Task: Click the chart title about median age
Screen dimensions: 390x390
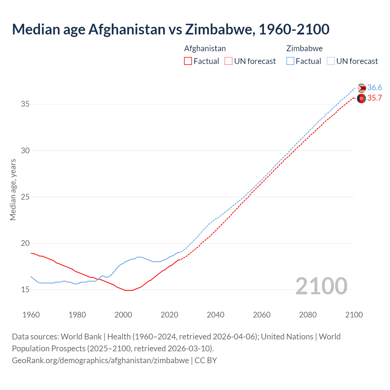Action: tap(171, 29)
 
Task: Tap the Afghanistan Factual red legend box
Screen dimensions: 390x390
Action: tap(188, 61)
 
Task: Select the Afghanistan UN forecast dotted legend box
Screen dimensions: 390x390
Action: tap(229, 61)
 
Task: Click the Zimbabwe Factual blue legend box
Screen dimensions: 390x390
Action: tap(290, 61)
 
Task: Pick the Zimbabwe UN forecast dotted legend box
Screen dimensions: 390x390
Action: tap(331, 61)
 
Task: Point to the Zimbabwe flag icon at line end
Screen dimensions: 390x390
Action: tap(361, 88)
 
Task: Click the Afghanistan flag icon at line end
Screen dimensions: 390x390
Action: tap(361, 98)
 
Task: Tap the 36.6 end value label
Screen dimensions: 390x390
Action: tap(374, 88)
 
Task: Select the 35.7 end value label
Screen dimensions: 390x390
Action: tap(374, 98)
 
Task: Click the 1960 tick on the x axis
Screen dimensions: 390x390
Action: tap(31, 315)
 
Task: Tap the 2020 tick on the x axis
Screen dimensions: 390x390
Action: tap(169, 315)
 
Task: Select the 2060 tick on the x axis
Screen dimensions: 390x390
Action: tap(262, 315)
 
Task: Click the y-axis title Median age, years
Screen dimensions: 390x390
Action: tap(13, 190)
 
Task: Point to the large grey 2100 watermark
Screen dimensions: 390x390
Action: tap(321, 286)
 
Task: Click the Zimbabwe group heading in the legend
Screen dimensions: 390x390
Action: tap(304, 48)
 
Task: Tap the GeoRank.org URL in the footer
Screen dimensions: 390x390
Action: tap(100, 360)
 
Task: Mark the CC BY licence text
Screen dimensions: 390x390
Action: tap(206, 360)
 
